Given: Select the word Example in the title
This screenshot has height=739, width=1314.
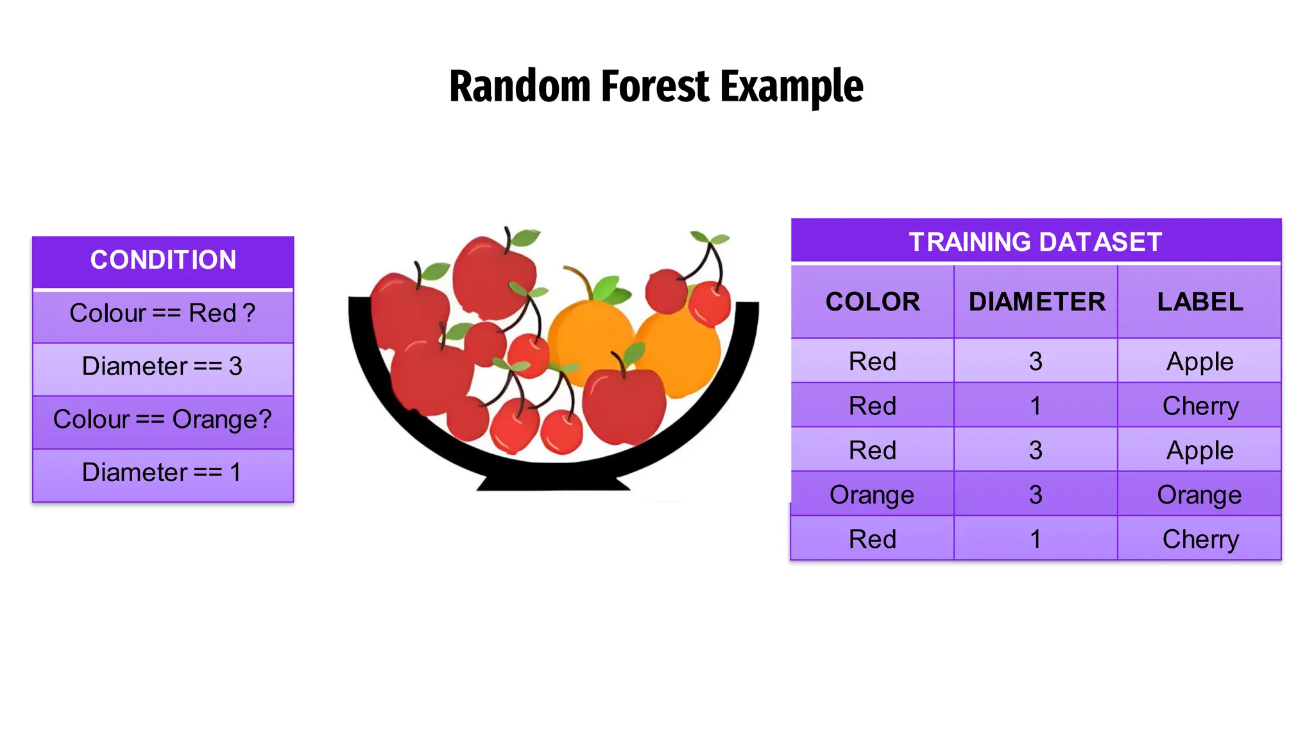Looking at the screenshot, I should pyautogui.click(x=792, y=87).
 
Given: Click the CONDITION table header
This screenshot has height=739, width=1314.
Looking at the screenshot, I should pyautogui.click(x=163, y=260).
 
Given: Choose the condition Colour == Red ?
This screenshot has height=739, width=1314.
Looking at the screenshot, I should pyautogui.click(x=163, y=314).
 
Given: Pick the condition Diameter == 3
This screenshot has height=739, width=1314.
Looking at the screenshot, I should pyautogui.click(x=163, y=366).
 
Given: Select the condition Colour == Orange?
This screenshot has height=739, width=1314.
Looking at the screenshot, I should pyautogui.click(x=163, y=420).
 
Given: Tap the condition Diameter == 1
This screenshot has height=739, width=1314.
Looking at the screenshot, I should pyautogui.click(x=163, y=473).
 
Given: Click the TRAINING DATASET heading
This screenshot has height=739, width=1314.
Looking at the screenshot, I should pyautogui.click(x=1036, y=242).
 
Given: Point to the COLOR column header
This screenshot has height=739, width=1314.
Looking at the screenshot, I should pyautogui.click(x=873, y=302).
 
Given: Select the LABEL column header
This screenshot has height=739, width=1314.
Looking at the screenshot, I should pyautogui.click(x=1200, y=302).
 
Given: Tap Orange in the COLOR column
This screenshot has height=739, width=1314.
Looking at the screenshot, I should pyautogui.click(x=872, y=495).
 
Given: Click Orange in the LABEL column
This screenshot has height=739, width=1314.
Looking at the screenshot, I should pyautogui.click(x=1199, y=495).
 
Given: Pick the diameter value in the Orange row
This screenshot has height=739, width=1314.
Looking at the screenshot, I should pyautogui.click(x=1036, y=495).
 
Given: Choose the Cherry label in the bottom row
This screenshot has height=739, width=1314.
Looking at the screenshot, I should pyautogui.click(x=1200, y=539).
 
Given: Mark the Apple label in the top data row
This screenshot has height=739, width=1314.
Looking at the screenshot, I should pyautogui.click(x=1200, y=362).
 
